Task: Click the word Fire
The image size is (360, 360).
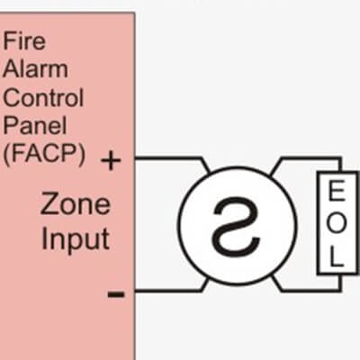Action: pos(24,40)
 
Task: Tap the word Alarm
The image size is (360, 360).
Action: pos(35,68)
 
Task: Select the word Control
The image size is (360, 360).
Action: pos(43,97)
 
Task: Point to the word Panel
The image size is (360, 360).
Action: pos(35,125)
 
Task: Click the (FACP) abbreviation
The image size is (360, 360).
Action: pos(44,154)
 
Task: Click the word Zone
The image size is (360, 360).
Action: pos(76,203)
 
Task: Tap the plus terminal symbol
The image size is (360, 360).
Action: pos(111,160)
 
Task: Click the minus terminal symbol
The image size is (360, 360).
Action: pos(116,294)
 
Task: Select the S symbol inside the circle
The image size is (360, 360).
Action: pos(236,225)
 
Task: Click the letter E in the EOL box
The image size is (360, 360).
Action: pos(337,191)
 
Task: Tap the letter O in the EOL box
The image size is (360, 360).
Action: pos(337,223)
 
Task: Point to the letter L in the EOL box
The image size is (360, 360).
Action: pos(337,256)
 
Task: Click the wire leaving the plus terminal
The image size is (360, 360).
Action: pos(172,157)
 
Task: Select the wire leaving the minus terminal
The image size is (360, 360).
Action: pos(171,291)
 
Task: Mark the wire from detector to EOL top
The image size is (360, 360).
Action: pos(306,157)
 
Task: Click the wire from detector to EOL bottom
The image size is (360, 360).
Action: pos(306,290)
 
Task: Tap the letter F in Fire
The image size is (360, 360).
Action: pos(9,40)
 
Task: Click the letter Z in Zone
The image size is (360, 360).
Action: pos(49,203)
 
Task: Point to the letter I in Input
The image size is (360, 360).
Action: pos(44,238)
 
